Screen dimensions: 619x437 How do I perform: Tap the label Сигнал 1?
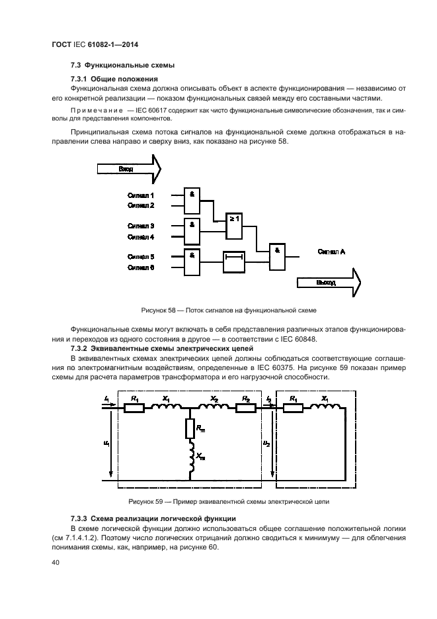tap(141, 195)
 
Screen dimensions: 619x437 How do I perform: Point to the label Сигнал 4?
tap(141, 236)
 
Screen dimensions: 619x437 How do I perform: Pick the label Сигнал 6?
tap(141, 267)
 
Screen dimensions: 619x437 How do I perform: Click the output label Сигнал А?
tap(331, 252)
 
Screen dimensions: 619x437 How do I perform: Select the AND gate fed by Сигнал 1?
tap(192, 199)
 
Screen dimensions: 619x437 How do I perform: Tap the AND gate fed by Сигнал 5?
tap(192, 262)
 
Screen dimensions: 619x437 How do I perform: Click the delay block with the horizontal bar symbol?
tap(234, 262)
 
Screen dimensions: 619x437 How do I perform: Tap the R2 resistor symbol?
tap(244, 408)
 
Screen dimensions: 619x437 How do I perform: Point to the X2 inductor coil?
tap(214, 407)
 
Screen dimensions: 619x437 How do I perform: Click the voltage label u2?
tap(266, 442)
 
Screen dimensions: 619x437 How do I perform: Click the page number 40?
tap(56, 563)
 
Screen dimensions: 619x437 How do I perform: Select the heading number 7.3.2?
tap(80, 348)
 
